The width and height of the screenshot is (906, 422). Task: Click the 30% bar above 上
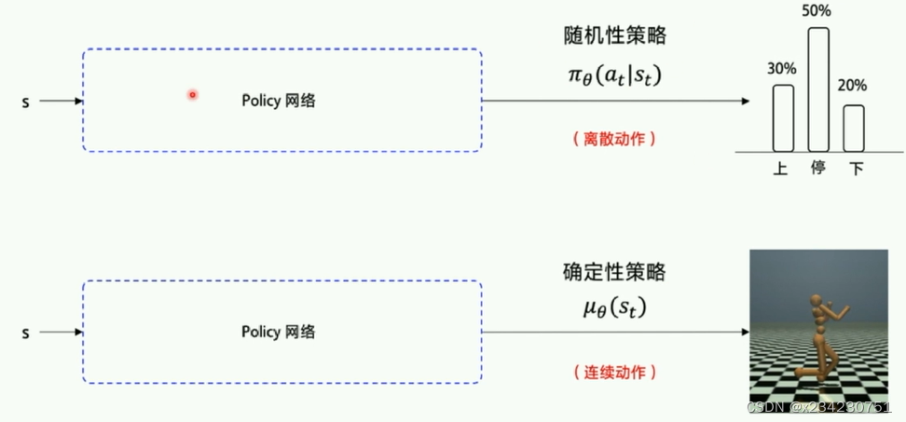[x=783, y=118]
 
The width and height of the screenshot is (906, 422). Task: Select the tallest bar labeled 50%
[x=818, y=89]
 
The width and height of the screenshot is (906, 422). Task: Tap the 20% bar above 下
[x=854, y=128]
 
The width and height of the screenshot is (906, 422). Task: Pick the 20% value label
[x=852, y=86]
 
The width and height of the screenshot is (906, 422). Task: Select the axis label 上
[x=781, y=170]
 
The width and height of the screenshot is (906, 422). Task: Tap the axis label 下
[x=855, y=170]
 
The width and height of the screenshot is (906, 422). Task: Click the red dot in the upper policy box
[x=192, y=94]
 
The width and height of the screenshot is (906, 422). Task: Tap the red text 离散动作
[x=613, y=138]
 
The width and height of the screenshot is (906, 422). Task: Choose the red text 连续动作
[x=613, y=371]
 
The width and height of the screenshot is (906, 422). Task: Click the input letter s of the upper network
[x=25, y=102]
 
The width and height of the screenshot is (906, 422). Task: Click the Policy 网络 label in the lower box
[x=278, y=332]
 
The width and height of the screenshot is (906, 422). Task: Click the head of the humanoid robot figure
[x=818, y=300]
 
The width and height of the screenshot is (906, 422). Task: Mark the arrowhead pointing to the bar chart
[x=748, y=101]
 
